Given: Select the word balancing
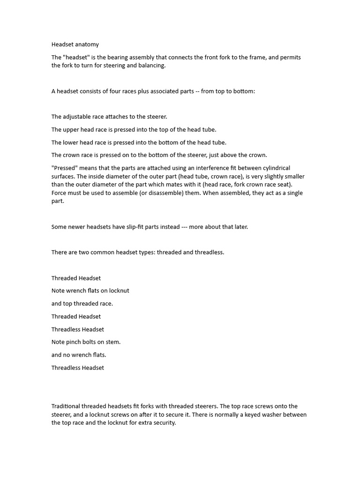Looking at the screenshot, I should [x=152, y=66].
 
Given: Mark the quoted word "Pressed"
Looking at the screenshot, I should [x=65, y=168].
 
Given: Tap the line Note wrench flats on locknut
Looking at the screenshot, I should [x=90, y=291].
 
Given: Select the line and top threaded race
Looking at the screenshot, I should [x=82, y=303].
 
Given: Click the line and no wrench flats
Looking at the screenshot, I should [x=79, y=354].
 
